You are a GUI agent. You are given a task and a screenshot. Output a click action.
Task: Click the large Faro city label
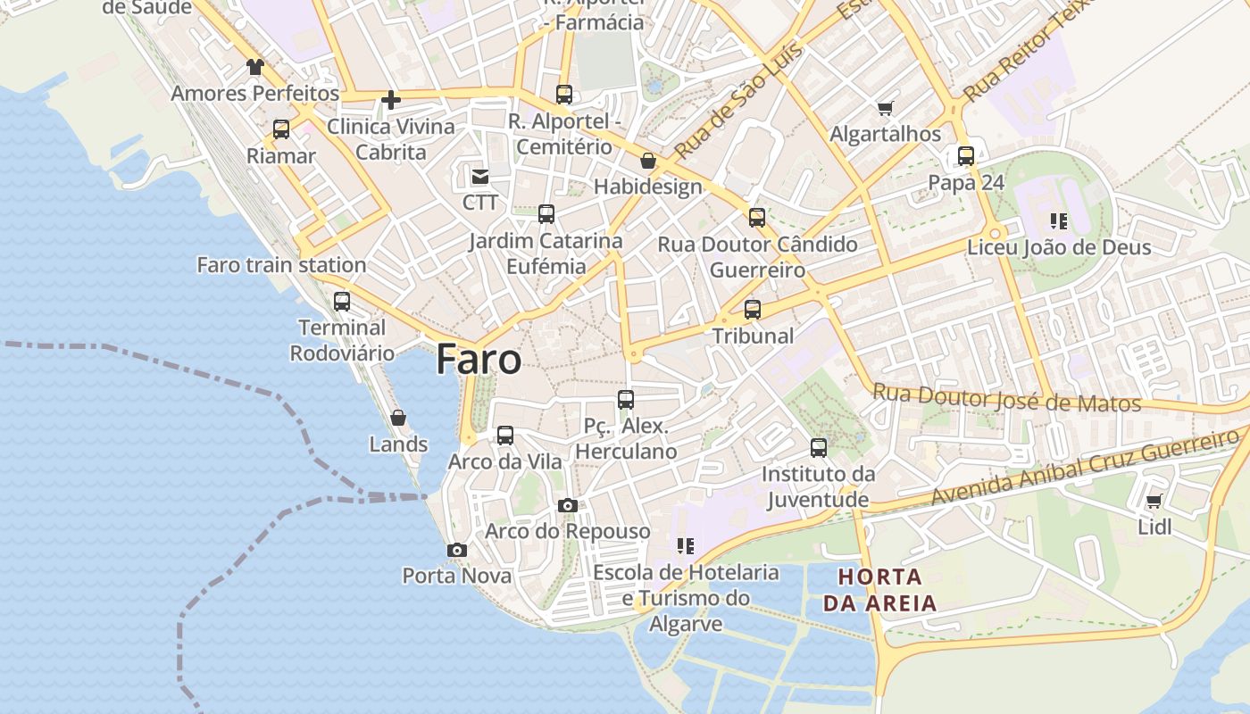tap(479, 360)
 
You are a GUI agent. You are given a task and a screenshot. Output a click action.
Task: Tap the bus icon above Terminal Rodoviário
tap(342, 302)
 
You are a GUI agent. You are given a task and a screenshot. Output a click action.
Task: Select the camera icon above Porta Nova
tap(457, 550)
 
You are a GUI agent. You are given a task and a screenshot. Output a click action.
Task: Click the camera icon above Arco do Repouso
tap(567, 505)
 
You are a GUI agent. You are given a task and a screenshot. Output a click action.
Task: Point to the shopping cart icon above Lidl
tap(1154, 502)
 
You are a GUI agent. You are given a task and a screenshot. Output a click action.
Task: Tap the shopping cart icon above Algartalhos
tap(885, 109)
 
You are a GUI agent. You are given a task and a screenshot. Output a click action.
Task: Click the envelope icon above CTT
tap(480, 177)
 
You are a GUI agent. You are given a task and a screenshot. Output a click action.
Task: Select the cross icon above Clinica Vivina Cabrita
tap(390, 100)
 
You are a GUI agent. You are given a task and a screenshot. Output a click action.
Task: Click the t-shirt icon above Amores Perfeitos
tap(255, 67)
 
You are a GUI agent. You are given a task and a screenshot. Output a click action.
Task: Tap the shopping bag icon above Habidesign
tap(648, 162)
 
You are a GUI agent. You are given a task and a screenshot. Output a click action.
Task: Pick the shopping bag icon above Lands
tap(398, 418)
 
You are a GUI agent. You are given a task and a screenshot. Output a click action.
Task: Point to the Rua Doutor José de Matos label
tap(1006, 398)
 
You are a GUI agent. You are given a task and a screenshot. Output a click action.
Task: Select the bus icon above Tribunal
tap(753, 310)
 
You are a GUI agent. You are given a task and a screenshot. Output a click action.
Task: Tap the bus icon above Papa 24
tap(966, 156)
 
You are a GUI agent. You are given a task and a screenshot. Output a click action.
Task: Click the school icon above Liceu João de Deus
tap(1059, 220)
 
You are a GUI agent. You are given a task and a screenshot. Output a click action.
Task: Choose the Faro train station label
tap(281, 265)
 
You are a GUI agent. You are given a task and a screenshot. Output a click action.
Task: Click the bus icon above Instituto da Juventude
tap(819, 448)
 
